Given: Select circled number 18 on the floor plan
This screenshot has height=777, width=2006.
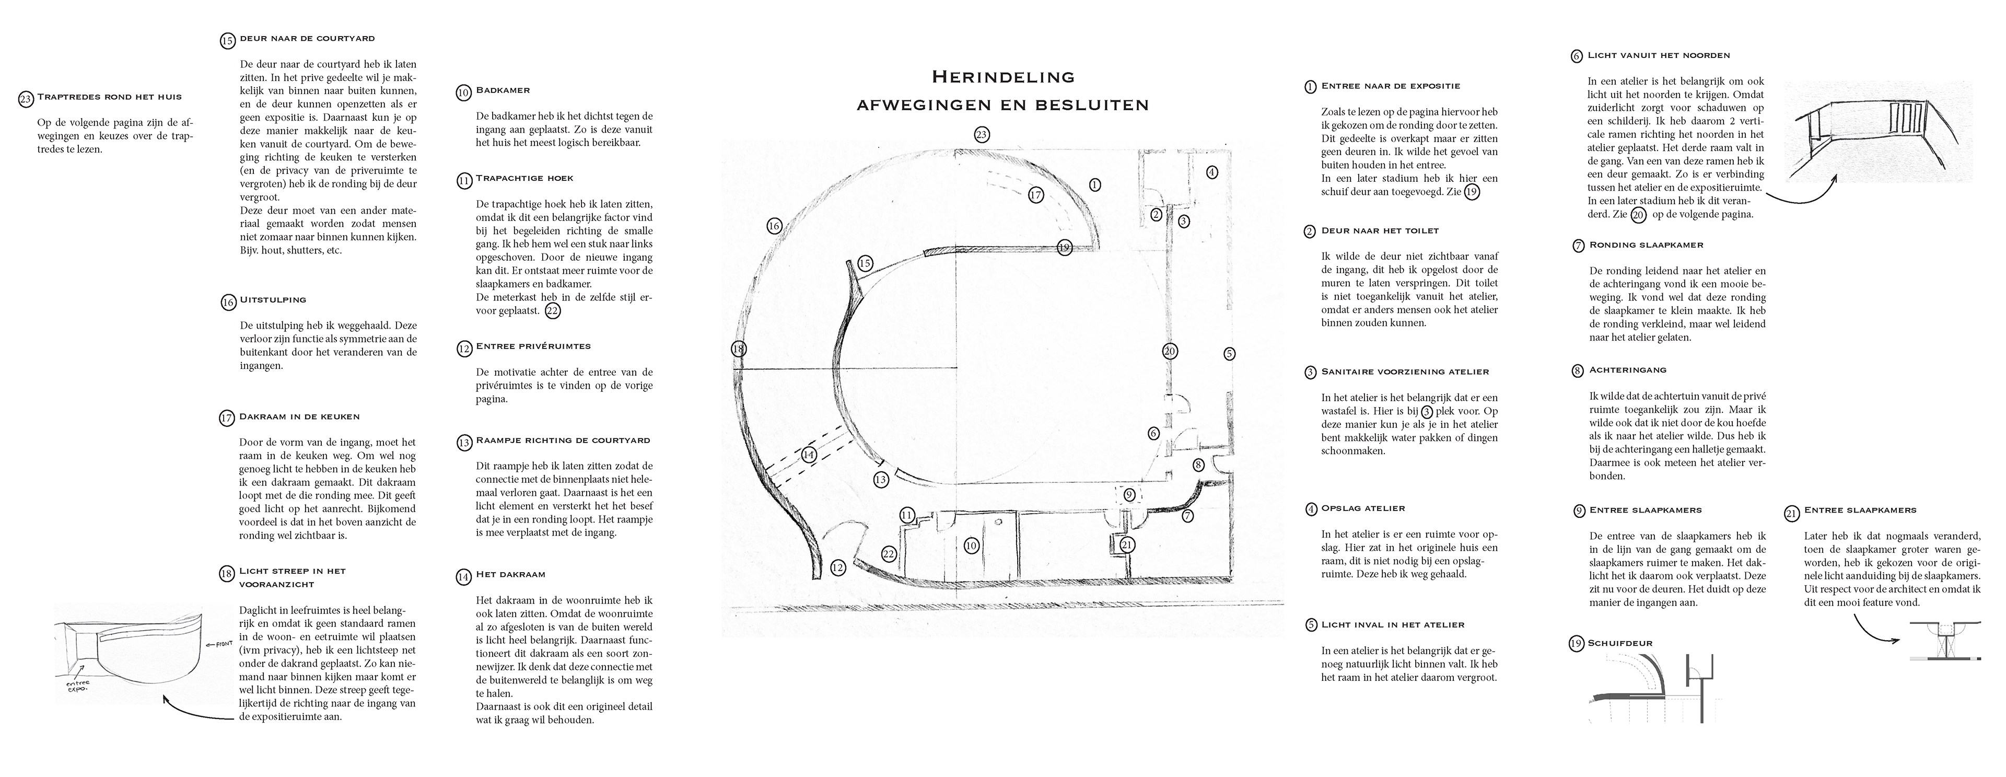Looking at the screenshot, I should click(x=738, y=350).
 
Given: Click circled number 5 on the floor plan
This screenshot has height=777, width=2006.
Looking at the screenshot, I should click(x=1229, y=353).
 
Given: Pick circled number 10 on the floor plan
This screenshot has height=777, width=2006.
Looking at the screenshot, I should click(x=971, y=546).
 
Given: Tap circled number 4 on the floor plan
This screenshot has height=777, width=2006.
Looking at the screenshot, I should click(x=1212, y=172).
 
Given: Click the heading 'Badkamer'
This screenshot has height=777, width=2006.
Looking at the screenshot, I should click(x=503, y=91).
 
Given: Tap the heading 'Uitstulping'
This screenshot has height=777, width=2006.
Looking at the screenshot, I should click(x=273, y=300).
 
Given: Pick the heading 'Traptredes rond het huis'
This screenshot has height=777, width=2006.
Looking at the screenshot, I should click(x=109, y=97).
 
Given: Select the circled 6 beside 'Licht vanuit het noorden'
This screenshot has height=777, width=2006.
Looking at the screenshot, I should click(x=1577, y=56).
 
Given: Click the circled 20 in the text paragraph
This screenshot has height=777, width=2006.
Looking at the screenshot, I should click(x=1638, y=215).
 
